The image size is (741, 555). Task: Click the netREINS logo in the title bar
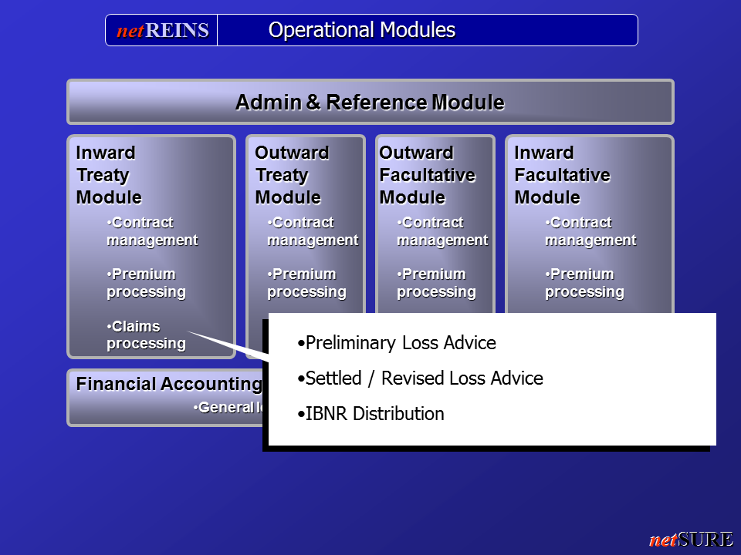(x=163, y=31)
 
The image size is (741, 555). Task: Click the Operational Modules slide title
(x=361, y=30)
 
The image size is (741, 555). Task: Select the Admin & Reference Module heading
(x=370, y=103)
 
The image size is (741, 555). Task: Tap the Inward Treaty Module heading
(x=109, y=175)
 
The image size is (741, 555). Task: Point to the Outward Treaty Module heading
(x=292, y=175)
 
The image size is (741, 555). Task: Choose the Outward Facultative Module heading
(x=427, y=175)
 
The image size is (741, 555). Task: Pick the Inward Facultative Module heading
(x=562, y=175)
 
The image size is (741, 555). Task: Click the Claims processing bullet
(x=146, y=335)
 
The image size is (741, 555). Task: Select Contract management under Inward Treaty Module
(x=152, y=231)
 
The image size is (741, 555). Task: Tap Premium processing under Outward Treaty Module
(x=306, y=283)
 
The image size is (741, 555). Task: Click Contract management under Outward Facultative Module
(x=442, y=231)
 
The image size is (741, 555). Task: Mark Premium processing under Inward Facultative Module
(x=584, y=283)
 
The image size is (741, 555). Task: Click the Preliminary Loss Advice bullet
(x=397, y=343)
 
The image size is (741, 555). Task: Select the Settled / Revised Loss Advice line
(x=420, y=378)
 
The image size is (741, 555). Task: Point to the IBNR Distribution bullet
(x=371, y=414)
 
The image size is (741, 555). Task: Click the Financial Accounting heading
(x=169, y=384)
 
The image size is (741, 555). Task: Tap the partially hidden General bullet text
(x=228, y=407)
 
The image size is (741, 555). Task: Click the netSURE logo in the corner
(x=692, y=539)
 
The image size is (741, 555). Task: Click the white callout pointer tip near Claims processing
(x=188, y=331)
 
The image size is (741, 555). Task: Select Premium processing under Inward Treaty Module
(x=146, y=283)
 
